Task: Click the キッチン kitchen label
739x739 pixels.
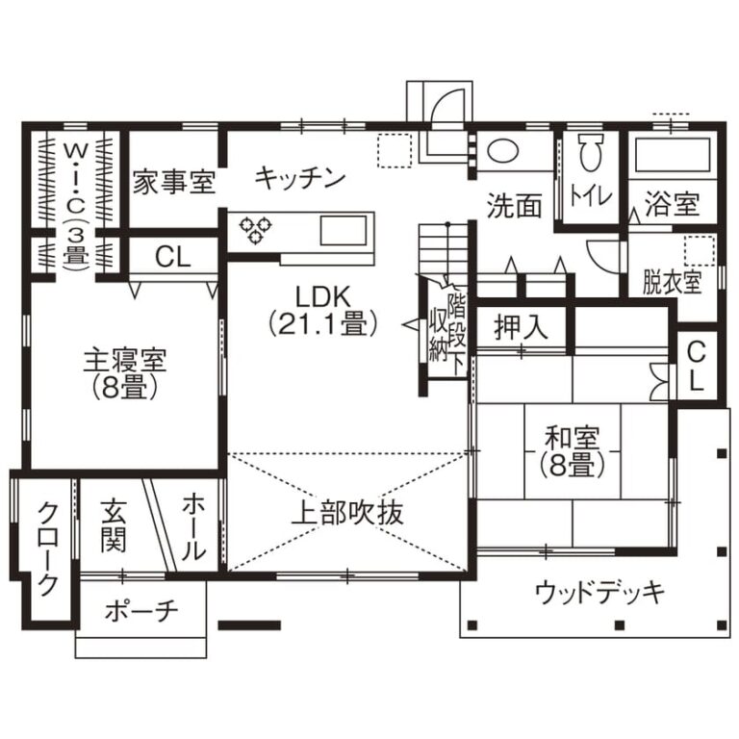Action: pyautogui.click(x=300, y=179)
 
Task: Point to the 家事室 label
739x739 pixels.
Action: pyautogui.click(x=174, y=183)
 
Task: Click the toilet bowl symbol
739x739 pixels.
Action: pyautogui.click(x=591, y=151)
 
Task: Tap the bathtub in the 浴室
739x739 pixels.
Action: pyautogui.click(x=673, y=155)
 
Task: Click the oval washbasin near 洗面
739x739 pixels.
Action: pyautogui.click(x=503, y=151)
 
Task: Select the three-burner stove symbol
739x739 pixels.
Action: pyautogui.click(x=255, y=230)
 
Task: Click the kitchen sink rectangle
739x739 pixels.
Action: pyautogui.click(x=344, y=231)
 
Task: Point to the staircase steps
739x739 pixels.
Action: pyautogui.click(x=443, y=250)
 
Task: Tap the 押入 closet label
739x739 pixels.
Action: pyautogui.click(x=522, y=326)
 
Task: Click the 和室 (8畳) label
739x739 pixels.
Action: pyautogui.click(x=573, y=451)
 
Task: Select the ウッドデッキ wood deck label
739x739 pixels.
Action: pyautogui.click(x=599, y=592)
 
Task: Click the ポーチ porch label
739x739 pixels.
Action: pyautogui.click(x=141, y=611)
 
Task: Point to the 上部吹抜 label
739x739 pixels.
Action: pyautogui.click(x=347, y=513)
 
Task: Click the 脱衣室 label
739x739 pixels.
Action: pyautogui.click(x=673, y=282)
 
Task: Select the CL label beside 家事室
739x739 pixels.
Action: pyautogui.click(x=173, y=256)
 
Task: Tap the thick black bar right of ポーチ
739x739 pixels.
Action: pyautogui.click(x=249, y=625)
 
